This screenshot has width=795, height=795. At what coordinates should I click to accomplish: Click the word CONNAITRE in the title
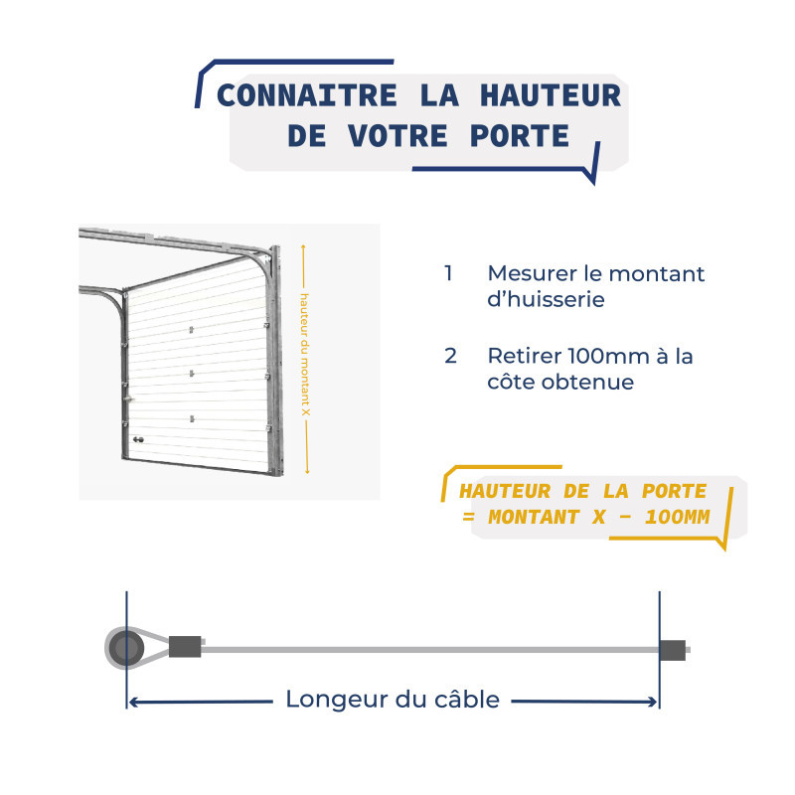tap(297, 96)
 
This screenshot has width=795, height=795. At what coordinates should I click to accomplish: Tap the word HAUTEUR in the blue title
tap(552, 96)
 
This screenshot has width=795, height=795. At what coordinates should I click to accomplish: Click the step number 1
tap(449, 273)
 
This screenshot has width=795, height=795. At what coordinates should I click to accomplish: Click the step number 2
tap(451, 356)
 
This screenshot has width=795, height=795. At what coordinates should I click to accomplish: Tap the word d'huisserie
tap(546, 299)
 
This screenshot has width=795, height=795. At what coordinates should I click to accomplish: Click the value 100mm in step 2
tap(609, 356)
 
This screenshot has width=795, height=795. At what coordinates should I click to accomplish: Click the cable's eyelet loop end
tap(125, 649)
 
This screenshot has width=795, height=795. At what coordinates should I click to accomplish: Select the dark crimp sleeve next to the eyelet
tap(185, 647)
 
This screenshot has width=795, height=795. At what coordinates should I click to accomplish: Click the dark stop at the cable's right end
tap(673, 649)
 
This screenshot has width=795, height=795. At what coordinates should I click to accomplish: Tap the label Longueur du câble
tap(393, 700)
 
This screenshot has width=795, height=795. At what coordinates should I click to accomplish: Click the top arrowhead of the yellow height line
tap(306, 248)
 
